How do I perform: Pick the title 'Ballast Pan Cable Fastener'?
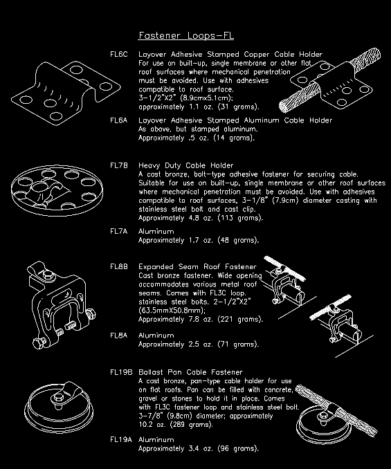click(193, 372)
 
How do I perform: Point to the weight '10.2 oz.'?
click(150, 424)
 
